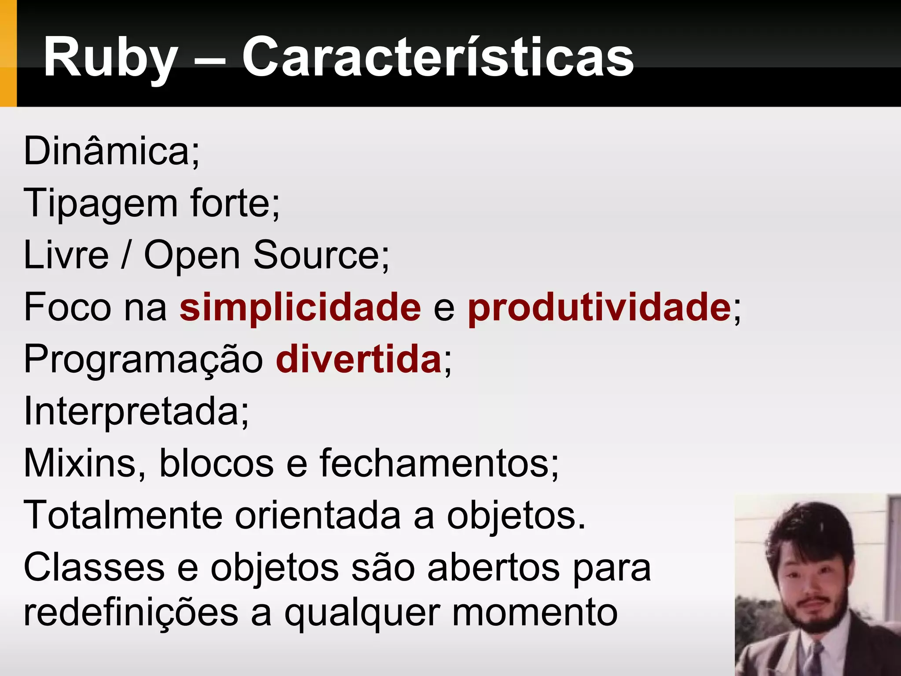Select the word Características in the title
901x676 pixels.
pos(438,57)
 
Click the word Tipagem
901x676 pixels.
pos(100,204)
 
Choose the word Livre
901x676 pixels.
pos(66,255)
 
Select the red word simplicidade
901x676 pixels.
pos(300,307)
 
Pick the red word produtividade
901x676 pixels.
pos(599,307)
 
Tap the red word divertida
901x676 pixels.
pos(359,359)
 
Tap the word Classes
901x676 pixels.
pos(94,567)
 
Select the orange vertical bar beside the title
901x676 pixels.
pos(8,53)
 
